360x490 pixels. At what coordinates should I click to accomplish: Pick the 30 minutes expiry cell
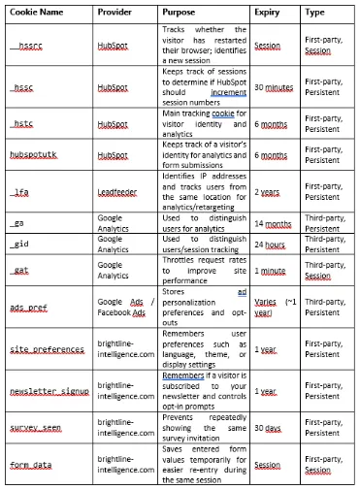275,87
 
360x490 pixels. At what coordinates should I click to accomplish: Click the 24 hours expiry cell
271,244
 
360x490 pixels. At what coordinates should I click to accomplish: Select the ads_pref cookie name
29,306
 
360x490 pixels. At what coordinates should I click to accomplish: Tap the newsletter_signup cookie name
49,392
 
